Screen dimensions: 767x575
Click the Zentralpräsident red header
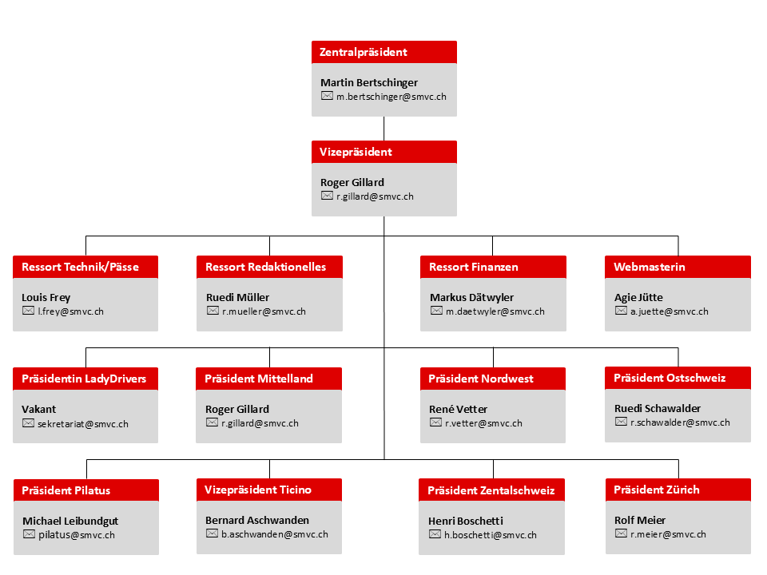click(x=384, y=52)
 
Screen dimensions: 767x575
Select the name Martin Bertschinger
click(x=369, y=82)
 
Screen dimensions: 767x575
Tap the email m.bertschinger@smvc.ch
click(x=391, y=97)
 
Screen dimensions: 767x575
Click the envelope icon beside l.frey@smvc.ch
click(x=29, y=311)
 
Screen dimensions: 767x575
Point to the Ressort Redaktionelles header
click(x=269, y=267)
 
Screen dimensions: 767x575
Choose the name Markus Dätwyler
click(x=471, y=297)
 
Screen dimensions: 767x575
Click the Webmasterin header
click(x=678, y=267)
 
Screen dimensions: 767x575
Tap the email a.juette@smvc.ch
click(x=670, y=311)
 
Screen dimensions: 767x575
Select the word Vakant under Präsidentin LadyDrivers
click(x=38, y=409)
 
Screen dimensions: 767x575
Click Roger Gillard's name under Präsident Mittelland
click(x=237, y=409)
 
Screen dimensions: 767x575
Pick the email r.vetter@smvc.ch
click(x=483, y=423)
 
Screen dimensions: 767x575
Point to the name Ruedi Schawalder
click(x=658, y=408)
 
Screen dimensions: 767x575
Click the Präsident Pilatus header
click(x=86, y=490)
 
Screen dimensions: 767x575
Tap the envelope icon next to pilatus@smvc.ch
click(x=30, y=534)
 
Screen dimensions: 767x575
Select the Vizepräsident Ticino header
click(x=269, y=490)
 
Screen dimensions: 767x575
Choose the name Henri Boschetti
click(x=466, y=521)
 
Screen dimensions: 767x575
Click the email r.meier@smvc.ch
click(x=668, y=534)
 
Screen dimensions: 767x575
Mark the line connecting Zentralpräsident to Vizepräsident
click(x=384, y=129)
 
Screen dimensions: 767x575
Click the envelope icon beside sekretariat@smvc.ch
click(x=29, y=423)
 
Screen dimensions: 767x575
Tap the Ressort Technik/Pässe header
click(x=85, y=267)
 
